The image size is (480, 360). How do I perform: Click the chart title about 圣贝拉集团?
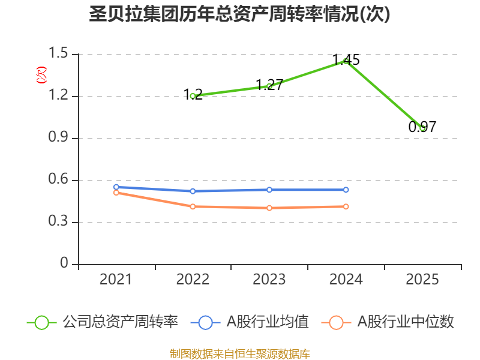[239, 14]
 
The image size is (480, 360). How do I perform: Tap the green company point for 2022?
[193, 96]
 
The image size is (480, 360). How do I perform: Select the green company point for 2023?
[269, 86]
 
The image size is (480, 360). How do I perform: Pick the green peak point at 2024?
[346, 60]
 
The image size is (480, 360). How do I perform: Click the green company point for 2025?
[422, 128]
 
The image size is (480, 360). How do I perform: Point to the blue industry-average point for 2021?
[116, 187]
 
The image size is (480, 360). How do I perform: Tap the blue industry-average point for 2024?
[346, 190]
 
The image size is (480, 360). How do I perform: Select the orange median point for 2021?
[116, 193]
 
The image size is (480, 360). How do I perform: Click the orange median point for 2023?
[269, 208]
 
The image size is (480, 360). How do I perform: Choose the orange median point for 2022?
[193, 206]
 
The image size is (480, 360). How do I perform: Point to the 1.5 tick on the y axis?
[61, 55]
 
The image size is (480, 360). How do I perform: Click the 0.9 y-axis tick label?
[61, 139]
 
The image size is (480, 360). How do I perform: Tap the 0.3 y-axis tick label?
[61, 223]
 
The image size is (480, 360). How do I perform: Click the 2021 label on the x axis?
[116, 280]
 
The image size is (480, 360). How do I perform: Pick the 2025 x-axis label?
[422, 280]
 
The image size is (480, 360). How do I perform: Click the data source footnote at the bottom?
[239, 353]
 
